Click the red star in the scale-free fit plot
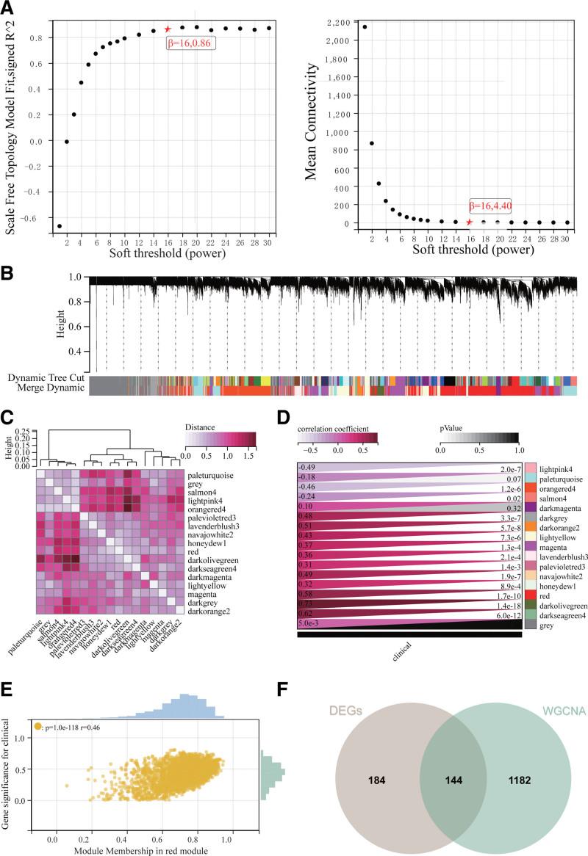[x=168, y=29]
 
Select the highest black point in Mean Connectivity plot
[x=365, y=27]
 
